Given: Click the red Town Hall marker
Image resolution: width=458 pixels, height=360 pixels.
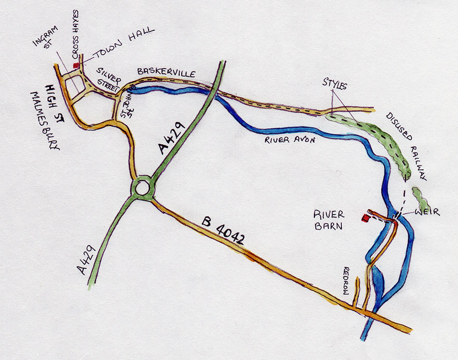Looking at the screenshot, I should point(75,65).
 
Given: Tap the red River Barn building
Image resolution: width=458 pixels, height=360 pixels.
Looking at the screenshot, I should point(365,219).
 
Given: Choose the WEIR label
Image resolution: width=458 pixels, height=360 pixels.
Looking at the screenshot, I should point(427,212).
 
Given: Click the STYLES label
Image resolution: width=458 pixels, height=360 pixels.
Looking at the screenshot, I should point(335,85).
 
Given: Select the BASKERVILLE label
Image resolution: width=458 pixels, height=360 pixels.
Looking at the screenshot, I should point(166,72).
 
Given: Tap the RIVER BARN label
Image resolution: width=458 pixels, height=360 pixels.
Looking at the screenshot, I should point(329,219).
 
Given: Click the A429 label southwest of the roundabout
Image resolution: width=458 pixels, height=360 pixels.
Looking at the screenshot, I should point(89,261).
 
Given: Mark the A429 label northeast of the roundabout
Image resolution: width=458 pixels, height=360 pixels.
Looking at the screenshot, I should point(172,140).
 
